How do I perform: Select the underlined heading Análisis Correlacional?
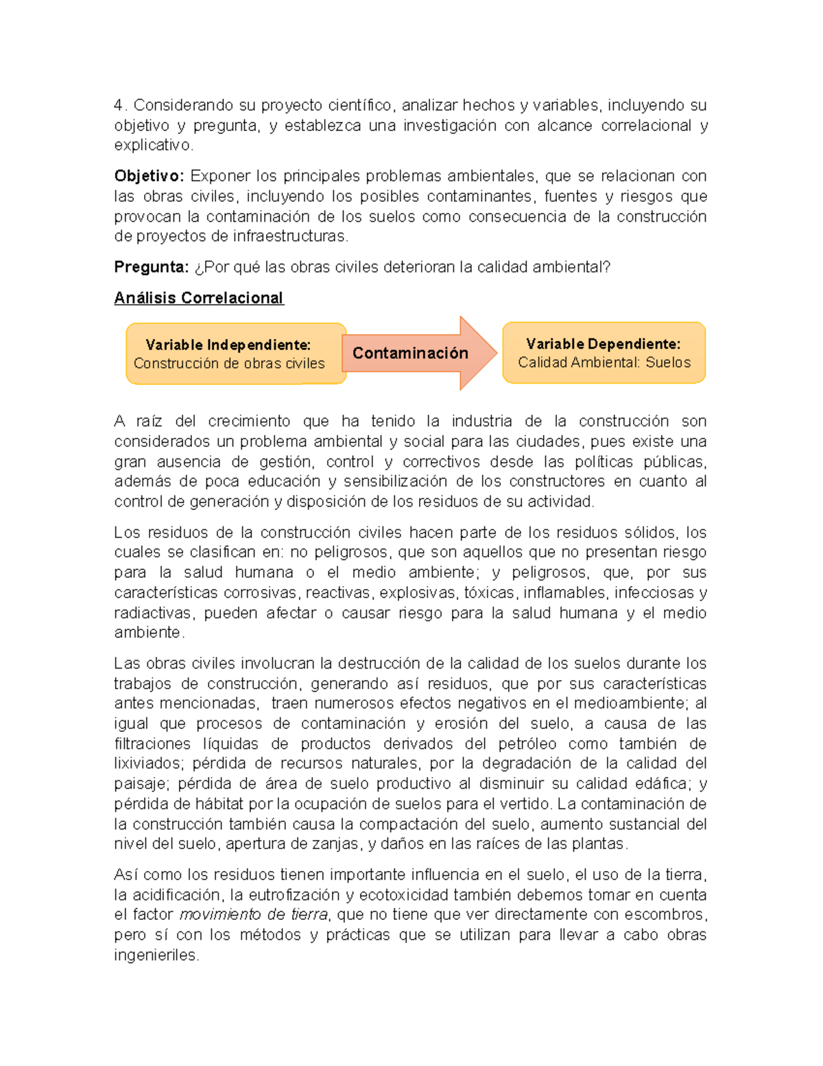[x=199, y=298]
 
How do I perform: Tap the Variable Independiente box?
[x=236, y=354]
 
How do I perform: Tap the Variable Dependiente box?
[x=604, y=353]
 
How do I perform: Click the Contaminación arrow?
[x=418, y=353]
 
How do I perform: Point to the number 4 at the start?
[x=119, y=105]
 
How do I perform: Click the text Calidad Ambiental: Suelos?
[x=604, y=362]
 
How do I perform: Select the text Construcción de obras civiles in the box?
[x=229, y=363]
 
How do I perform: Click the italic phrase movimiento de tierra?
[x=254, y=914]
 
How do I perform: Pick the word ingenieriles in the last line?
[x=155, y=955]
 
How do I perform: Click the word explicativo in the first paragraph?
[x=152, y=145]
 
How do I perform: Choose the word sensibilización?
[x=396, y=481]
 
